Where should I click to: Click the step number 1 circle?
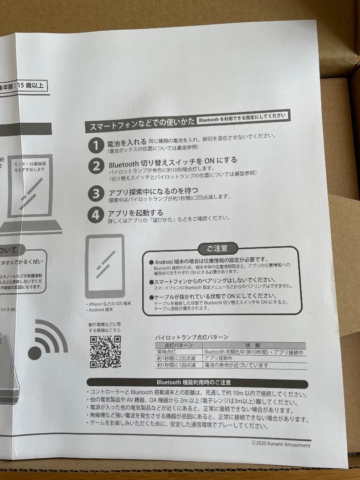pyautogui.click(x=96, y=145)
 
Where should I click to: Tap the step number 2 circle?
pyautogui.click(x=96, y=167)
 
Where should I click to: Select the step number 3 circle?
pyautogui.click(x=96, y=194)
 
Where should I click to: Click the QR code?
pyautogui.click(x=105, y=352)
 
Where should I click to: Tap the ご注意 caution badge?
pyautogui.click(x=218, y=248)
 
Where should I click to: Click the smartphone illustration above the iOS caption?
pyautogui.click(x=104, y=266)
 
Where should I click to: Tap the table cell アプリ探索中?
pyautogui.click(x=219, y=359)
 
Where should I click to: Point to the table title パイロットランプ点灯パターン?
pyautogui.click(x=192, y=337)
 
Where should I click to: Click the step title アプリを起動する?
pyautogui.click(x=136, y=213)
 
